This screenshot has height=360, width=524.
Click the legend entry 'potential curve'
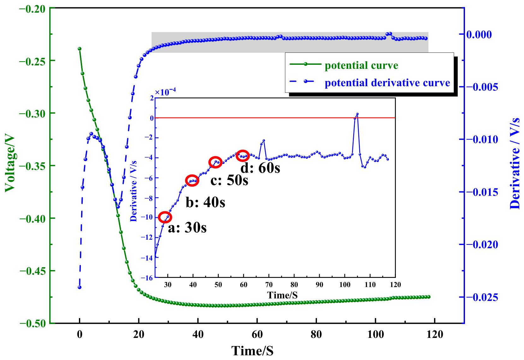[x=361, y=65]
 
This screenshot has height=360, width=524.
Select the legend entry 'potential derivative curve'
[x=387, y=83]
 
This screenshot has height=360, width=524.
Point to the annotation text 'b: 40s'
[x=205, y=202]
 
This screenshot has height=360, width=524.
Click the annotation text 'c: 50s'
[x=229, y=180]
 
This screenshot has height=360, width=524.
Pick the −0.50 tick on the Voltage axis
[x=33, y=323]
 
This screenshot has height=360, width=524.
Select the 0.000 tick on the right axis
[x=479, y=34]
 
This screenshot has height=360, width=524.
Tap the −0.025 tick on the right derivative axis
[x=482, y=297]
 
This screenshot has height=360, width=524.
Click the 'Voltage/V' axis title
[x=10, y=163]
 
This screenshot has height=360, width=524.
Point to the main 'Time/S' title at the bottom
[x=253, y=351]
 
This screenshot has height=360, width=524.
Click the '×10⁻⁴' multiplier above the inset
[x=165, y=92]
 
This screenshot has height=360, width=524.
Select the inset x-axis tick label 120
[x=395, y=285]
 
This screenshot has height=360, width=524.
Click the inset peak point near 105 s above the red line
[x=357, y=114]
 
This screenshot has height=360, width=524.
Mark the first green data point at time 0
[x=80, y=49]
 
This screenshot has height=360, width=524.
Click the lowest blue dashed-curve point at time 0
[x=80, y=287]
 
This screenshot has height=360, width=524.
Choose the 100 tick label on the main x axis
[x=375, y=334]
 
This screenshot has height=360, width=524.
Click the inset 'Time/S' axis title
[x=282, y=295]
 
